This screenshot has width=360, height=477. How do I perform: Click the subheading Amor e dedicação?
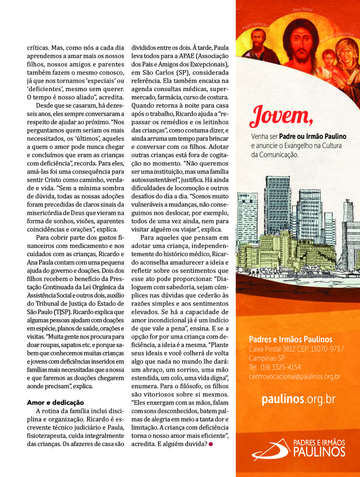click(55, 403)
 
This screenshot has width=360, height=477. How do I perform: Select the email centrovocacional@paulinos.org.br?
click(295, 376)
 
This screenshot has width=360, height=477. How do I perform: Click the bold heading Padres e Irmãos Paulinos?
click(291, 339)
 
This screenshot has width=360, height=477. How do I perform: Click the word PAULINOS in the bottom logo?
click(318, 451)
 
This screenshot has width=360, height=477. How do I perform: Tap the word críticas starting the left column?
click(39, 48)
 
